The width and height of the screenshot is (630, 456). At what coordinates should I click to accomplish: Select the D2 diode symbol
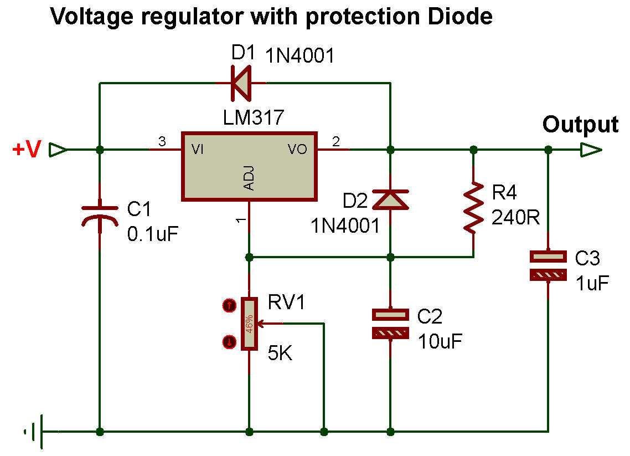[x=390, y=199]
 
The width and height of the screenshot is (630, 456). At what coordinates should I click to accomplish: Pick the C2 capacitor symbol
[x=390, y=324]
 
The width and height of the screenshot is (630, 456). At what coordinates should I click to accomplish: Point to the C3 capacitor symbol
[x=548, y=265]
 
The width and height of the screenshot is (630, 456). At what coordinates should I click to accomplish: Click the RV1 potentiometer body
[x=250, y=324]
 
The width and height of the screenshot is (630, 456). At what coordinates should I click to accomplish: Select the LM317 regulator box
[x=250, y=166]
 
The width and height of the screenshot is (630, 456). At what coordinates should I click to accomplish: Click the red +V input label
[x=26, y=150]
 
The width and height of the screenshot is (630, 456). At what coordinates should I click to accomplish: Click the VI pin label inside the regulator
[x=197, y=150]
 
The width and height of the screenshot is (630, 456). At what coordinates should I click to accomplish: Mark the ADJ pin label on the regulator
[x=250, y=180]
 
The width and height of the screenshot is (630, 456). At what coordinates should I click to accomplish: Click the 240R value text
[x=515, y=218]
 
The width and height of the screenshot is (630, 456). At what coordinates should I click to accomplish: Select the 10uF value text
[x=440, y=340]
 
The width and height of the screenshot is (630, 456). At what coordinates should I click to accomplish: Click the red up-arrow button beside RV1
[x=228, y=305]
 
